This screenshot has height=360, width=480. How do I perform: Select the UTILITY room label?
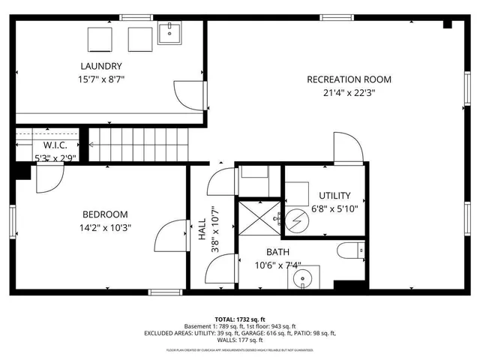[x=334, y=196]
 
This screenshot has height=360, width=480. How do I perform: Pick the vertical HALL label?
[x=202, y=233]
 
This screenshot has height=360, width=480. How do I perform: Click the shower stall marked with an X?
[x=258, y=217]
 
